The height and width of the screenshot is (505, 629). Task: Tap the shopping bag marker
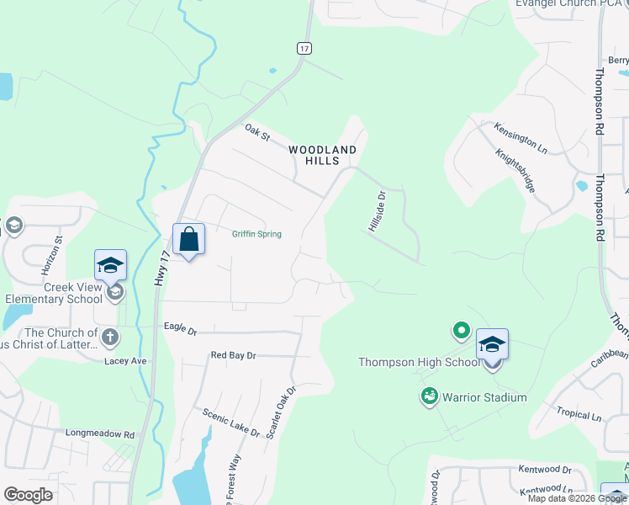point(189,240)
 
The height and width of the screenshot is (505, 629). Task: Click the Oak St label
point(256,131)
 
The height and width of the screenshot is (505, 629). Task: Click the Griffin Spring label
point(256,234)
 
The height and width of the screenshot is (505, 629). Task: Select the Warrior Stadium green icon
point(429,396)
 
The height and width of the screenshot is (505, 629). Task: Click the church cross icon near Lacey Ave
point(110,338)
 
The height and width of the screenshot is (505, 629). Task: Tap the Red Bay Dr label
point(233,356)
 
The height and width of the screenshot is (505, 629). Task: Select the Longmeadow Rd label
point(100,434)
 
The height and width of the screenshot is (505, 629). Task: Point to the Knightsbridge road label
point(515,171)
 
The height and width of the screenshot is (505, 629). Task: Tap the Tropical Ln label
point(579,416)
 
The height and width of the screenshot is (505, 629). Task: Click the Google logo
point(28,495)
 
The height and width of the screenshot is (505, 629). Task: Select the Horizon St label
point(52,256)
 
